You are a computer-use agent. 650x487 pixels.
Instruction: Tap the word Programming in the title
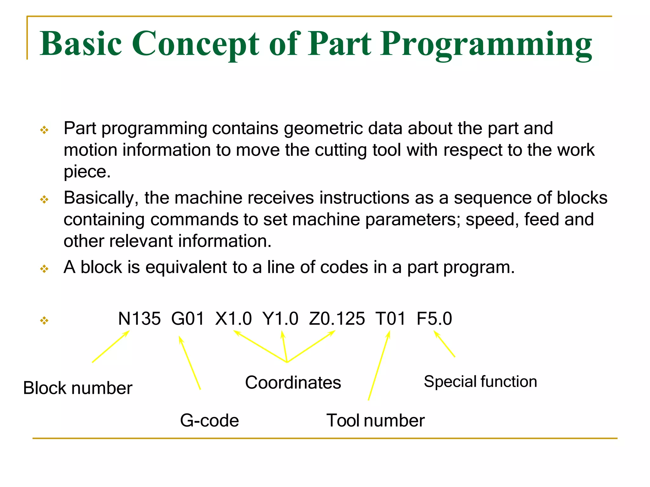[486, 44]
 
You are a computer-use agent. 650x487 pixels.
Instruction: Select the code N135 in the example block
[139, 319]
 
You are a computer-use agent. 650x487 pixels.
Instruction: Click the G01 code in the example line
[188, 319]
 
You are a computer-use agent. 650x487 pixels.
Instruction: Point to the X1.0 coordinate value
[233, 319]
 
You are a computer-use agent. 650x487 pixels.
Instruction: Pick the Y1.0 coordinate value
[280, 319]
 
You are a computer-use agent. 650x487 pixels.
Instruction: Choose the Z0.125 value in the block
[337, 319]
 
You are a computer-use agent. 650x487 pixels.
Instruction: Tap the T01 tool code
[390, 319]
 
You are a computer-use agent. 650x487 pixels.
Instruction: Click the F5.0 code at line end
[434, 319]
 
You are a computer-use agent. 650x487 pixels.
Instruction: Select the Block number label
[78, 388]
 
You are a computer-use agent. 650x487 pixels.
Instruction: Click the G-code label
[209, 421]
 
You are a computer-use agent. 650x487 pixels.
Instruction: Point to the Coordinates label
[293, 382]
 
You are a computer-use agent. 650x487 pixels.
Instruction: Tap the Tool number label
[375, 421]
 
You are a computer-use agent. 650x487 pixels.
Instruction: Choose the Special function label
[480, 381]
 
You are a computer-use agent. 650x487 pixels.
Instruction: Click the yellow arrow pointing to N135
[111, 347]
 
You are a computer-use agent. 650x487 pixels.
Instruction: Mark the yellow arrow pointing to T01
[379, 366]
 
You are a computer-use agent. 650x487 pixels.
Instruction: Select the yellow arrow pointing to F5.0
[444, 344]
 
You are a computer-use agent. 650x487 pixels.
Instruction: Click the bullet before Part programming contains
[44, 130]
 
